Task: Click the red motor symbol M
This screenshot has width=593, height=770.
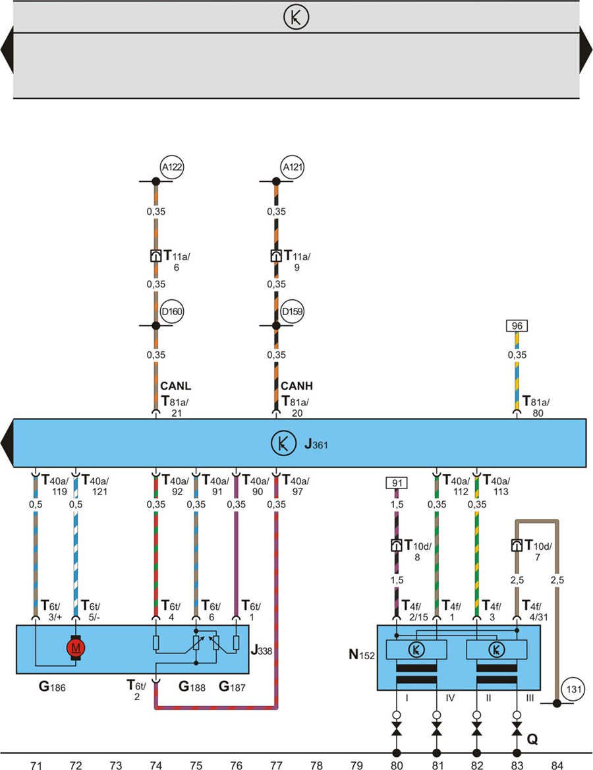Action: click(76, 648)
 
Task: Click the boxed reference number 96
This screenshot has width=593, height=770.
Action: click(517, 326)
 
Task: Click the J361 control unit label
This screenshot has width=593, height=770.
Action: click(316, 445)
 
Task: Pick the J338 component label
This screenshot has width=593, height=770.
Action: click(262, 649)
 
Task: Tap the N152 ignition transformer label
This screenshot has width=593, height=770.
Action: click(361, 657)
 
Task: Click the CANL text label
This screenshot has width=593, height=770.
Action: click(175, 386)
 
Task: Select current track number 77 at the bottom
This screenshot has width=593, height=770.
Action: click(276, 765)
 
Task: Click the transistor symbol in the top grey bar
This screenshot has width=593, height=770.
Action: click(296, 18)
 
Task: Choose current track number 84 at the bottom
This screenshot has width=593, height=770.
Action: click(557, 765)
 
